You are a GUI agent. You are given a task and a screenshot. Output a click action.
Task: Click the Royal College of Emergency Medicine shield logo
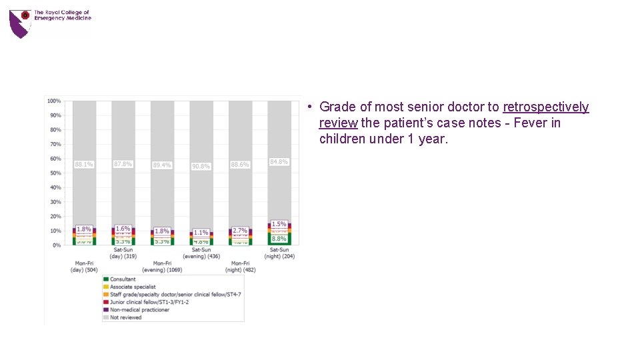pyautogui.click(x=20, y=23)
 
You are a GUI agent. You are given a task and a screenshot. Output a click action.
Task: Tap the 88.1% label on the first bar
pyautogui.click(x=83, y=164)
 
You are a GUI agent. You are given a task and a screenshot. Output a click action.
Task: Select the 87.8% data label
pyautogui.click(x=123, y=164)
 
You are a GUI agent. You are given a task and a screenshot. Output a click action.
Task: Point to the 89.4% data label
pyautogui.click(x=162, y=165)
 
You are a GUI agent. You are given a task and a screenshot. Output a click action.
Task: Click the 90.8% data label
pyautogui.click(x=201, y=166)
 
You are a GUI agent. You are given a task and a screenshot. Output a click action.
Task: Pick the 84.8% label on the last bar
pyautogui.click(x=279, y=162)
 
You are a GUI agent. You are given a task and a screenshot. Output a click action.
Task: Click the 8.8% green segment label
pyautogui.click(x=279, y=239)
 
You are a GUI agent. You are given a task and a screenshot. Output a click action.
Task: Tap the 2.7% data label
pyautogui.click(x=240, y=230)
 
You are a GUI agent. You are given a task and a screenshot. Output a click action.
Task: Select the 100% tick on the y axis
pyautogui.click(x=54, y=101)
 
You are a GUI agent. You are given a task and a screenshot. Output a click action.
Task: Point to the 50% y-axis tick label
pyautogui.click(x=55, y=173)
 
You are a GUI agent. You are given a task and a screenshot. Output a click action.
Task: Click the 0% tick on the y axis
pyautogui.click(x=57, y=245)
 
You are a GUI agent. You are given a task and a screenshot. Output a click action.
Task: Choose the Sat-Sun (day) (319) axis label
pyautogui.click(x=123, y=253)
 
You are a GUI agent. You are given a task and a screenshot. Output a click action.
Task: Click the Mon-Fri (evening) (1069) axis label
pyautogui.click(x=162, y=267)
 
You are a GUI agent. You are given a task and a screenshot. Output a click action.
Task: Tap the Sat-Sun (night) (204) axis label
pyautogui.click(x=279, y=253)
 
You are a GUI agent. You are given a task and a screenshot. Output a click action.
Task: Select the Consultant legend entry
pyautogui.click(x=123, y=279)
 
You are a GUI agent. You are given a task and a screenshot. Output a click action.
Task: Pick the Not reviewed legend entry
pyautogui.click(x=126, y=318)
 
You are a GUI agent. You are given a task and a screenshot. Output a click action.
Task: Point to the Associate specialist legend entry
pyautogui.click(x=133, y=287)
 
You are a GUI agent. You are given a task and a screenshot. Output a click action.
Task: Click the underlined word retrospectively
pyautogui.click(x=546, y=107)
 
